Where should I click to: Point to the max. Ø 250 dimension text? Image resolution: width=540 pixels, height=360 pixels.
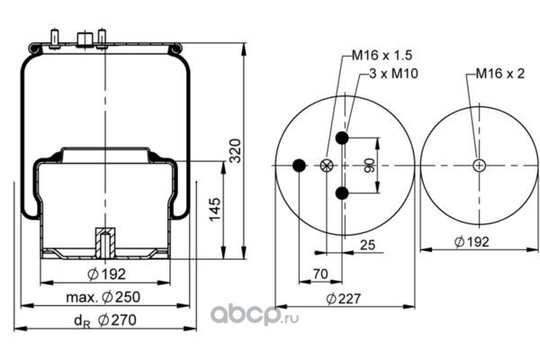click(105, 296)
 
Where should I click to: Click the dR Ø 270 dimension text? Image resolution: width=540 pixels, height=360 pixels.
click(105, 319)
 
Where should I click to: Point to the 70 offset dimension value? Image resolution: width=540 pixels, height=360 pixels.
click(320, 273)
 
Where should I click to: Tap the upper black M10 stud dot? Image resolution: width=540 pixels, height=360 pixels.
click(342, 138)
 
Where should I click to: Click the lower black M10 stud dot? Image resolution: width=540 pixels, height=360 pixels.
click(342, 193)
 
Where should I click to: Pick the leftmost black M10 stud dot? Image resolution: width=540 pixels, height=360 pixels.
click(300, 166)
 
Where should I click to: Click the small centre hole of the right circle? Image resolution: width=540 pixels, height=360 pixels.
click(479, 165)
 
